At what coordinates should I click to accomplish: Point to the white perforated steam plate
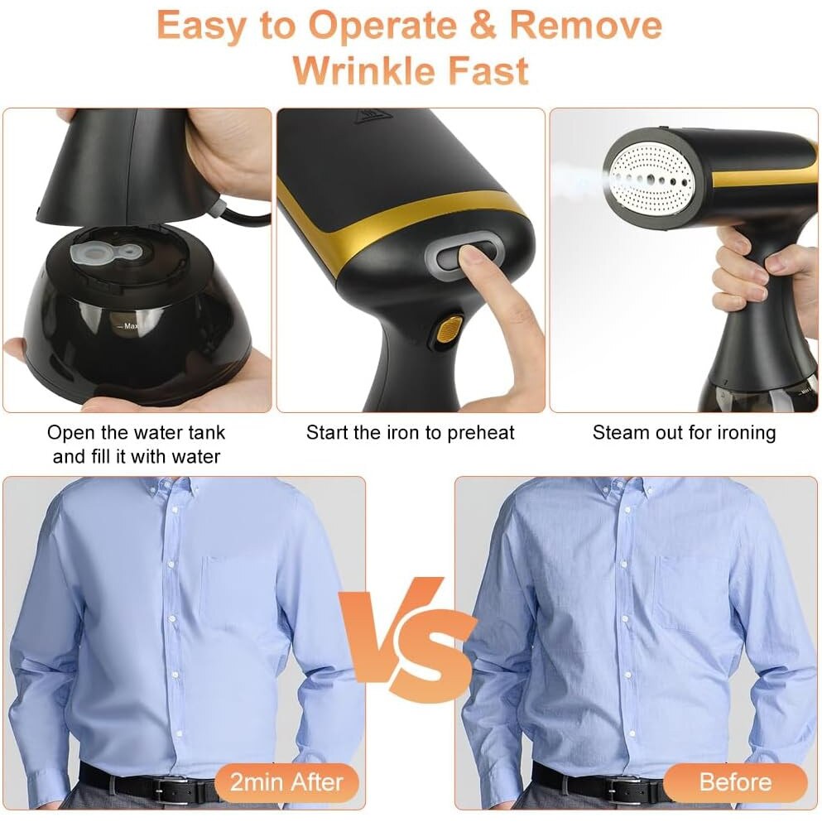click(649, 180)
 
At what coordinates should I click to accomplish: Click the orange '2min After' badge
click(286, 783)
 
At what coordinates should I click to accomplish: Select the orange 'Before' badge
click(735, 782)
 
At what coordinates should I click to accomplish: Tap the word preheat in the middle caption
click(479, 434)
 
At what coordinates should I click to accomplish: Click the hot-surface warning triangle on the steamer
click(372, 117)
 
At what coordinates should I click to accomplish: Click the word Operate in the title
click(382, 26)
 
